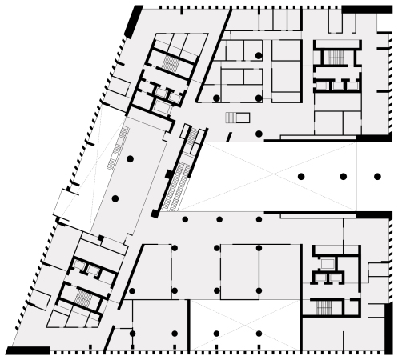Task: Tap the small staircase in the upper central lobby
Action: (x=232, y=118)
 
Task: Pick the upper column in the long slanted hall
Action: (x=130, y=160)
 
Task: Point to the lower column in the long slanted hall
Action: (x=115, y=198)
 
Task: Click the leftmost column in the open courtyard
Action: (x=301, y=176)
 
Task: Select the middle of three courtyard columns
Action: (x=343, y=176)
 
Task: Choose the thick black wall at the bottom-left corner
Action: (x=28, y=350)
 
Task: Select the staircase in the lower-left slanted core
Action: (x=83, y=298)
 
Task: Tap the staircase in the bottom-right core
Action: (x=324, y=307)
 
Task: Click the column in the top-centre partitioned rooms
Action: (x=259, y=54)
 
